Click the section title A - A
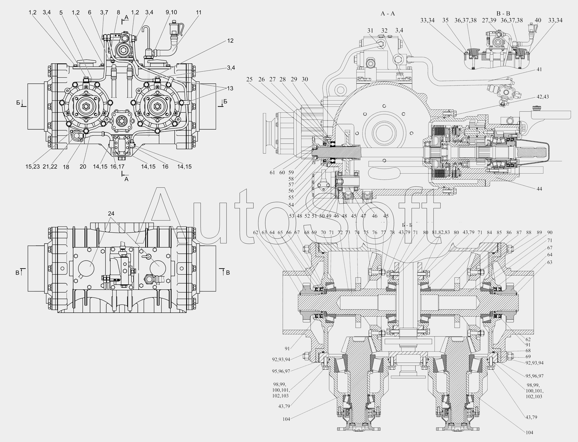pos(388,14)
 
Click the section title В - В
pos(503,14)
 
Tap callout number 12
pos(230,41)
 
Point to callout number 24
pos(111,213)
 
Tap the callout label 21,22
pos(50,166)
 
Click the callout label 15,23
pos(33,166)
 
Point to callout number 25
pos(249,79)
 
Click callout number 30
pos(305,79)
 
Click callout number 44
pos(539,189)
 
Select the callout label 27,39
pos(489,20)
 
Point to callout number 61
pos(272,173)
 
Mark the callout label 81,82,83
pos(441,232)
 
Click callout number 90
pos(550,232)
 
